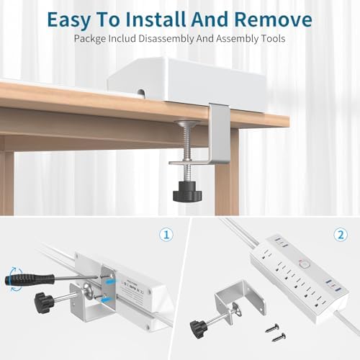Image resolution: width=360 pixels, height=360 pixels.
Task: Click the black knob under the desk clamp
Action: tap(184, 193)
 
